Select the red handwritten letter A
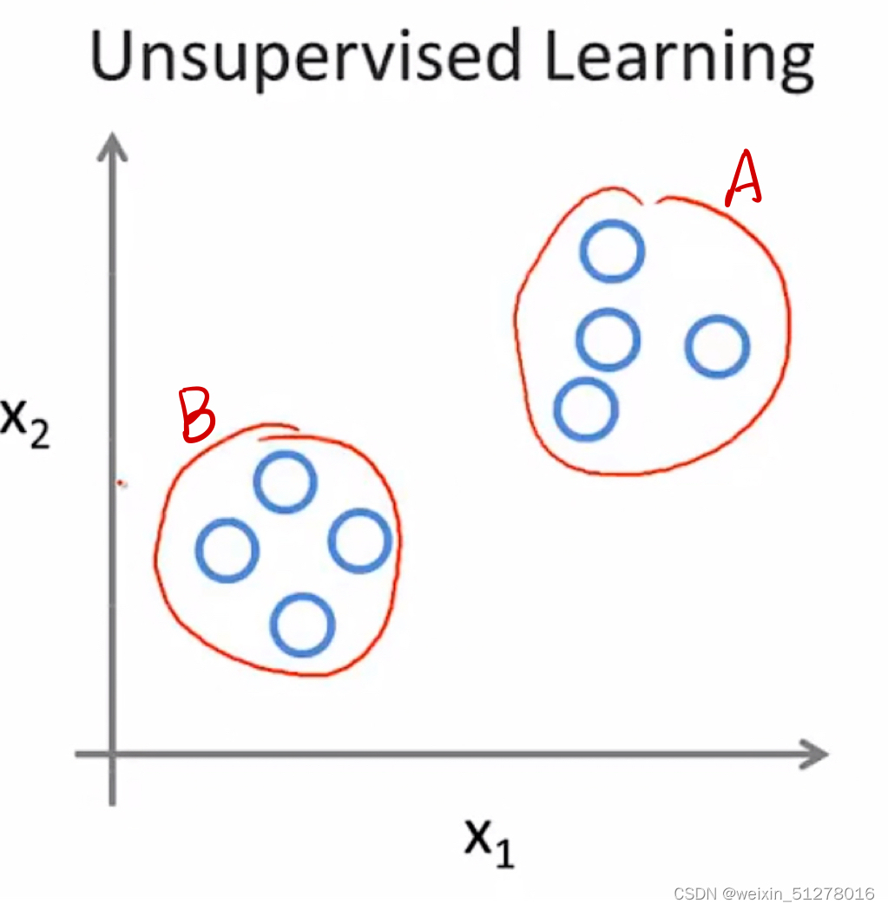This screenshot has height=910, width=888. coord(744,180)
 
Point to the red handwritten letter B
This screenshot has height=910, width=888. coord(196,414)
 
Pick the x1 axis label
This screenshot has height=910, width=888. coord(489,839)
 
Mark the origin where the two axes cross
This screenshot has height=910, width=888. coord(112,753)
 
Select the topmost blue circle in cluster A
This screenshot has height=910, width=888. coord(613,251)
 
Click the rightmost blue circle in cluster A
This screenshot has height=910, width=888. coord(717,346)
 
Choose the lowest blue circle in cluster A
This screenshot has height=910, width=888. coord(586,409)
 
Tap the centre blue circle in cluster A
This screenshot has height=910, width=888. coord(608,339)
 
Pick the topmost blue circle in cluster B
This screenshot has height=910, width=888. coord(285,482)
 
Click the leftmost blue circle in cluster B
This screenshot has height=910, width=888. coord(227,550)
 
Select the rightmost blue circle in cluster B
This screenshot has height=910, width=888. coord(359,541)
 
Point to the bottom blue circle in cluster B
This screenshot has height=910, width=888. coord(302,625)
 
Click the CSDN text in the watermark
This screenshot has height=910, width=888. coord(697,894)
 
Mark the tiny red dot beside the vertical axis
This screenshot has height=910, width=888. coord(122,483)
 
